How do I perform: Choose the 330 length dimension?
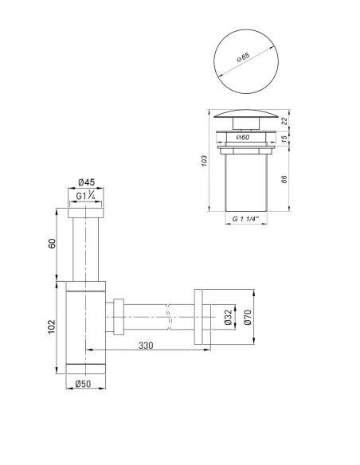145,346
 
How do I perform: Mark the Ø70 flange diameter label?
247,318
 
